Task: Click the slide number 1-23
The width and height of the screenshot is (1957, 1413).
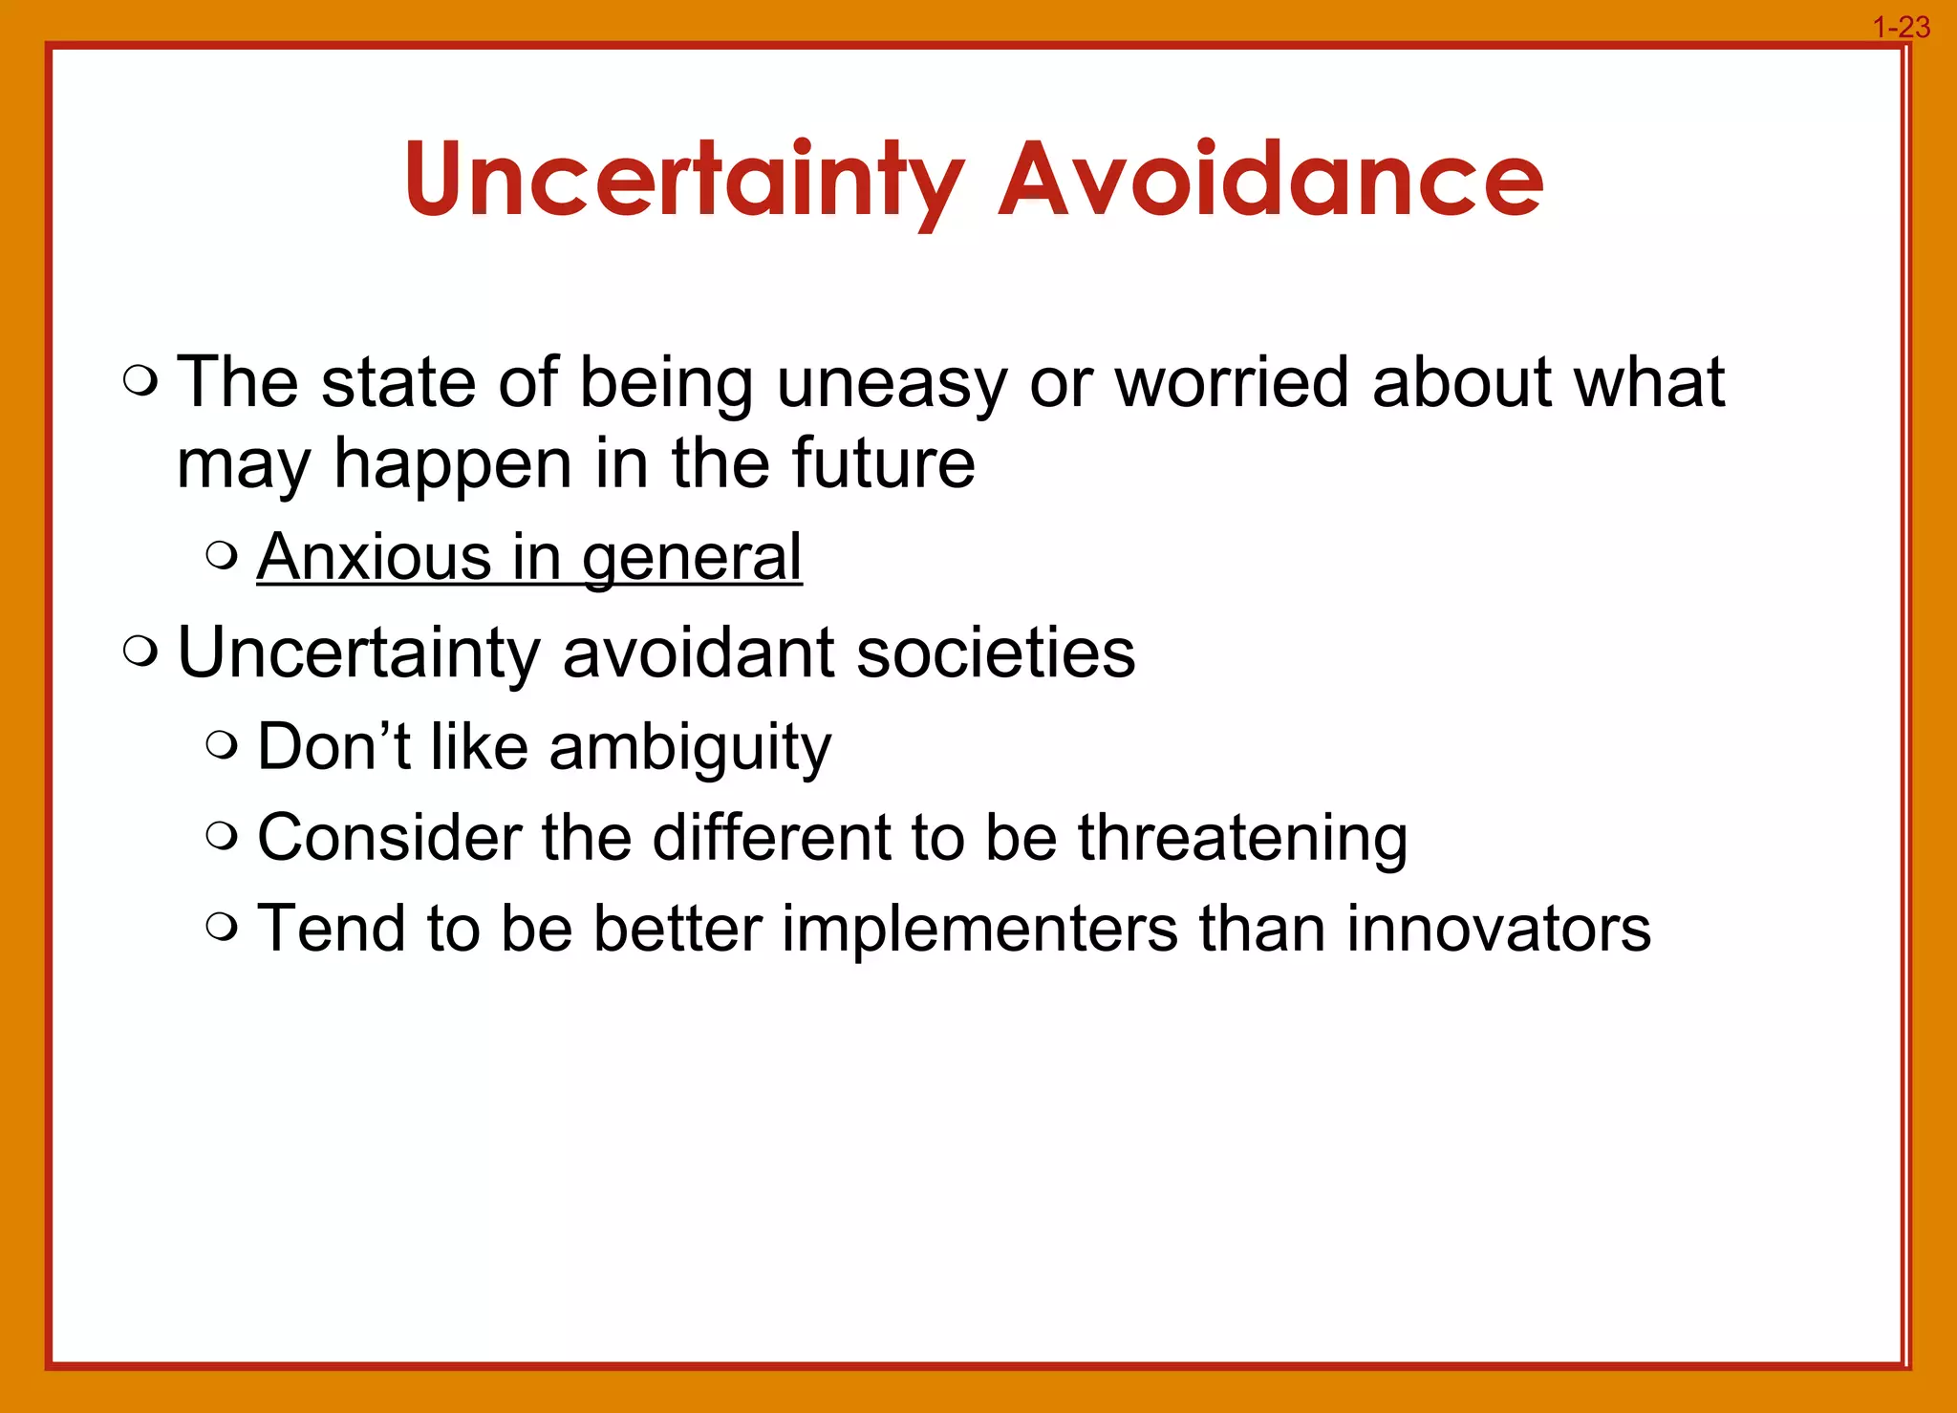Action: tap(1901, 28)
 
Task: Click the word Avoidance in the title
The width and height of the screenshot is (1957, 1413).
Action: tap(1270, 180)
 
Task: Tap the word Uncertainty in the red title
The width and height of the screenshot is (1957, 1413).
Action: tap(683, 180)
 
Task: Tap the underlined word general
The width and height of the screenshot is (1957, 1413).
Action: tap(692, 559)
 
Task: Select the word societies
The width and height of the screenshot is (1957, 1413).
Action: tap(996, 653)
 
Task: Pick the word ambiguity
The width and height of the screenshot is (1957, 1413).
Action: tap(690, 748)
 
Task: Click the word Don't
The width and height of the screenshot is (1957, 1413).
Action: tap(334, 746)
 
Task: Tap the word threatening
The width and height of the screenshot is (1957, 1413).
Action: tap(1242, 839)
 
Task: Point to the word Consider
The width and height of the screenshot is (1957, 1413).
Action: tap(389, 838)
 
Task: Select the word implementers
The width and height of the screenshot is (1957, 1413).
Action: tap(979, 930)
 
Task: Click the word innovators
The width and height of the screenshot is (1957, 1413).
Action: tap(1497, 929)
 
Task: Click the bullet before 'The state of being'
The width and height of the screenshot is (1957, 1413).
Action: tap(140, 382)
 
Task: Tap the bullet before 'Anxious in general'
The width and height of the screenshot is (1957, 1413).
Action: tap(222, 556)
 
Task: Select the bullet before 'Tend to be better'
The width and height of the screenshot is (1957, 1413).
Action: tap(222, 927)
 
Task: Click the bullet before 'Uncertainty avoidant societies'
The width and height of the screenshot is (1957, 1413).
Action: tap(140, 653)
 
